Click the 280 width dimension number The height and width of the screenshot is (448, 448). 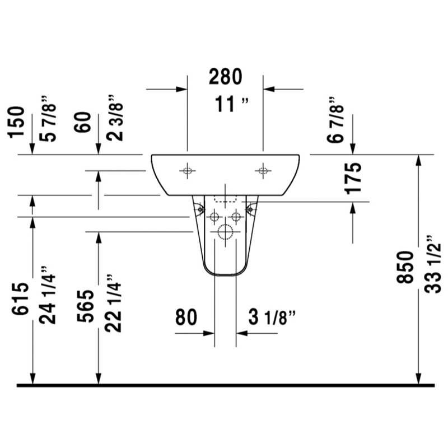(226, 77)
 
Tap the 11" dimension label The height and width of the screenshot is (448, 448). (232, 104)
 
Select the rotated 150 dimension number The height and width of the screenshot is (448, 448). (16, 122)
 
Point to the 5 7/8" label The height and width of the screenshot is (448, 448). (48, 119)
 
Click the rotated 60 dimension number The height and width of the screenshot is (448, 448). (82, 122)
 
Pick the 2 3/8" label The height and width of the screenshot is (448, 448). (115, 118)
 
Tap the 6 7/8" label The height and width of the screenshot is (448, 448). (335, 120)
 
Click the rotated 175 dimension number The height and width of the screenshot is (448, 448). (353, 179)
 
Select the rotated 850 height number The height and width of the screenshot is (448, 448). (405, 267)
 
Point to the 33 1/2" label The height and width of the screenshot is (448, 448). (432, 264)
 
